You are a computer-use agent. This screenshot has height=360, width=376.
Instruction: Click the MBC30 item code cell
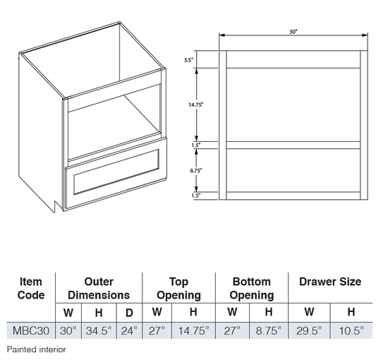pos(31,330)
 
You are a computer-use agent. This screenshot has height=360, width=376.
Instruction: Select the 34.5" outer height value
pos(99,330)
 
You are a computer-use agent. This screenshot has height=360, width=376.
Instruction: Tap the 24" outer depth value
pos(129,330)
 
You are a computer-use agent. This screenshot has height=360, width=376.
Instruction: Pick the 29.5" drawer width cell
pos(309,330)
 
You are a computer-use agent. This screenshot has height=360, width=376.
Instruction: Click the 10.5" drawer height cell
pos(351,330)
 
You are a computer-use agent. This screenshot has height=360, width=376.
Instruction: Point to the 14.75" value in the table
pos(193,330)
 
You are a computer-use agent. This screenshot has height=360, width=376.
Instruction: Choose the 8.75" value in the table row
pos(268,330)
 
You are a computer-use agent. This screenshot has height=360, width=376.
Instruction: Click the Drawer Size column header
pos(330,282)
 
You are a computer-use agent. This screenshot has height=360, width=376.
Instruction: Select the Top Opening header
pos(178,289)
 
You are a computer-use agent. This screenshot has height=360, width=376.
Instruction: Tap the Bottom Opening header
pos(252,289)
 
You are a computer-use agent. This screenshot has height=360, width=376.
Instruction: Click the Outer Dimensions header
pos(99,288)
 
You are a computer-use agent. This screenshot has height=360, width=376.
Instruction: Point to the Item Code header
pos(31,288)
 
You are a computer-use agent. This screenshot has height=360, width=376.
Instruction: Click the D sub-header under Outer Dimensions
pos(129,313)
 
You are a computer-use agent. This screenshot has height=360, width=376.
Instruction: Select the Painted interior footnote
pos(36,349)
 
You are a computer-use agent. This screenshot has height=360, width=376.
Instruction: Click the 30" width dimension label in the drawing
pos(293,32)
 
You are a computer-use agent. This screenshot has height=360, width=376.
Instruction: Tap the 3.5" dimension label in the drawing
pos(188,60)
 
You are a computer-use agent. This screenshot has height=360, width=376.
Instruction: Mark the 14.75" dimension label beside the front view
pos(196,104)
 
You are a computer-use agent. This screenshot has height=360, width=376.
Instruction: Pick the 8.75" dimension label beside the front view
pos(196,171)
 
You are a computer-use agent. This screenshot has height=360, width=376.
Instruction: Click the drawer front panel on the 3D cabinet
pos(116,173)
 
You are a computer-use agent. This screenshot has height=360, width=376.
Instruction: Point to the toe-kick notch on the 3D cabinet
pos(55,206)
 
